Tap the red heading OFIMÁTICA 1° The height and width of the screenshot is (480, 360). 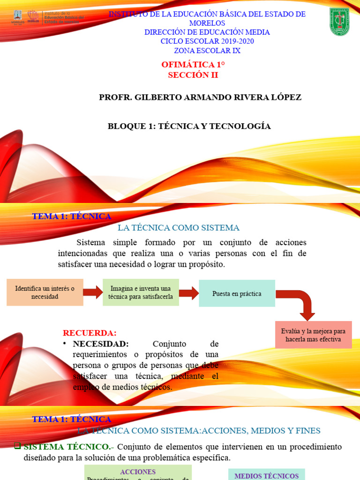(193, 65)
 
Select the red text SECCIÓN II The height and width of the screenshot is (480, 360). (193, 75)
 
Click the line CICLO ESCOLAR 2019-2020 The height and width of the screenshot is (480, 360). (207, 41)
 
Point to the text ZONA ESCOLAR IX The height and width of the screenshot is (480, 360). (207, 51)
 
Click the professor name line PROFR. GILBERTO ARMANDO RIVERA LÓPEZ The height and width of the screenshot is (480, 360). (200, 97)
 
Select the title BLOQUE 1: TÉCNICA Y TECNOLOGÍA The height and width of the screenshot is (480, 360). (189, 126)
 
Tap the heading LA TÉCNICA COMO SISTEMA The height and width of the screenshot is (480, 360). (179, 228)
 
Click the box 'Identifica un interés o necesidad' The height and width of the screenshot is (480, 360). (45, 292)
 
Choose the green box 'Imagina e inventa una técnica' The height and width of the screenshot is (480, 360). (141, 292)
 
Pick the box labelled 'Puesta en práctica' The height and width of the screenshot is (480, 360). (237, 293)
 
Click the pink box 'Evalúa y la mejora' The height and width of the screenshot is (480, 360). (313, 335)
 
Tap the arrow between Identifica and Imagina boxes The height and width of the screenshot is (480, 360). (93, 292)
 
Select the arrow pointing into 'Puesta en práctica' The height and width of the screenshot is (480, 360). (188, 293)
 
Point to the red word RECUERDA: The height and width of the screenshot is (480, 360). (90, 333)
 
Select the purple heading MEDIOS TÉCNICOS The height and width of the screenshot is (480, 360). (266, 475)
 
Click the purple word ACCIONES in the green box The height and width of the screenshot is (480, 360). (138, 472)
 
